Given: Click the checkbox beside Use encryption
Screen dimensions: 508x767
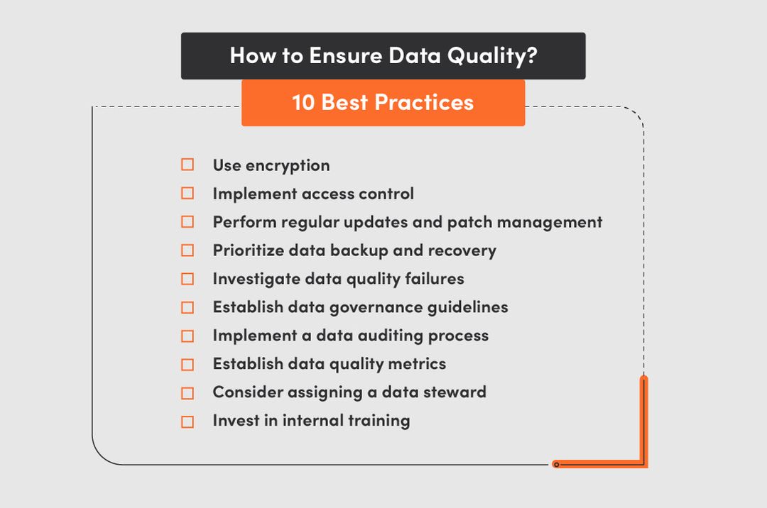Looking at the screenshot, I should [x=187, y=165].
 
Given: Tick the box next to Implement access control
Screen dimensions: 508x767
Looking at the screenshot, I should [x=187, y=193].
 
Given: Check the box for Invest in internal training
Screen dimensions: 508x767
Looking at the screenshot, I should [x=187, y=421].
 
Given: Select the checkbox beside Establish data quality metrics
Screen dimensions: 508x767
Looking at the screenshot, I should [x=187, y=364].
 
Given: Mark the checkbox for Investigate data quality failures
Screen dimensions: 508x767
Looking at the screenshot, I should [x=187, y=279].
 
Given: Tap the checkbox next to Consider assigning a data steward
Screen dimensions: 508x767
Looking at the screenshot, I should [x=187, y=392].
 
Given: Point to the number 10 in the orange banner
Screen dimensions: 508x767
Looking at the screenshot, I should [x=303, y=102].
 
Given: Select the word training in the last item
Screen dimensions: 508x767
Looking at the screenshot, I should [x=379, y=421].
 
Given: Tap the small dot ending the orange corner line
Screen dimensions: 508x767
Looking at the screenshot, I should [x=556, y=465].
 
